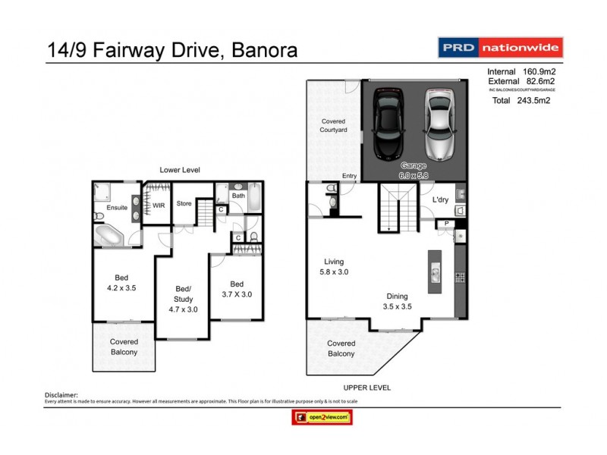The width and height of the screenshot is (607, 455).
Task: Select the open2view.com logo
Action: coord(322,417)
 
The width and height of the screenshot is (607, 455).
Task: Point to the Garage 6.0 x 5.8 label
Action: coord(414,169)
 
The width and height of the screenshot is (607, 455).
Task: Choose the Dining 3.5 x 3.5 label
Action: coord(396,302)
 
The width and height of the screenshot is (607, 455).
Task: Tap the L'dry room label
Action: coord(441,199)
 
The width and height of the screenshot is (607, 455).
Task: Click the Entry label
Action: coord(349,176)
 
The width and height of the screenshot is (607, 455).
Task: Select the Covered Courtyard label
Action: coord(333,126)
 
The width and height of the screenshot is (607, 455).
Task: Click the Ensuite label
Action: coord(117,206)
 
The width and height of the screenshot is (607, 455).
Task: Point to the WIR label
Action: coord(159,206)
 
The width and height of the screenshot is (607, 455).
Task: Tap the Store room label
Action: coord(184,203)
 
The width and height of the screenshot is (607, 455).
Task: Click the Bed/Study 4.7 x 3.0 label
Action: coord(183,299)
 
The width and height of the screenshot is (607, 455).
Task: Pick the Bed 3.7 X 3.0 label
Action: coord(236,290)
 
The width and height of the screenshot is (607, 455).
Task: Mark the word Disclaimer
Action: coord(61,395)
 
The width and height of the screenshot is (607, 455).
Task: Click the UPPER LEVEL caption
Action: coord(366,388)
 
